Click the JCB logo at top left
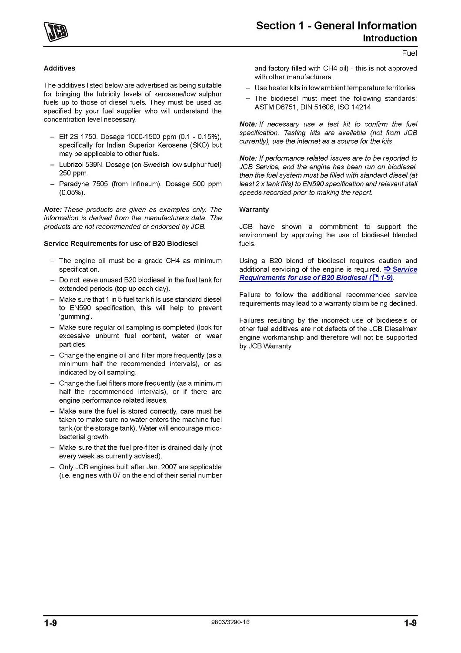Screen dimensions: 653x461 55,32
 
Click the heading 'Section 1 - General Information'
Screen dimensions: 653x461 336,26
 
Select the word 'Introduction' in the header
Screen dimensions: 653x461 390,38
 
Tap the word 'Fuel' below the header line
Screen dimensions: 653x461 409,54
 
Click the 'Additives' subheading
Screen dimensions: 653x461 59,68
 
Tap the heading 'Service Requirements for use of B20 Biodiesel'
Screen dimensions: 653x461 120,244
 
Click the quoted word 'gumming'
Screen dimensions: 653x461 76,316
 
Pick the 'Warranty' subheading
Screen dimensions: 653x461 254,210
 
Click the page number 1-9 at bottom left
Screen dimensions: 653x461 50,623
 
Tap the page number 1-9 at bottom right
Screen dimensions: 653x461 410,623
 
